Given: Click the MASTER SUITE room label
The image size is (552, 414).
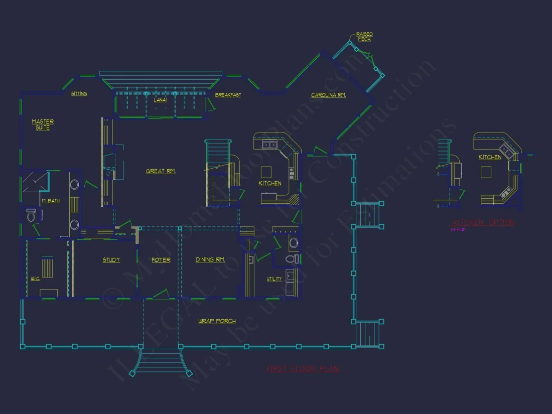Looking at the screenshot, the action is [x=43, y=124].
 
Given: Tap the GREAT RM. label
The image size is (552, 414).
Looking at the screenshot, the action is [x=161, y=171].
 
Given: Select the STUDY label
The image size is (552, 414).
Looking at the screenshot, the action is [x=111, y=260].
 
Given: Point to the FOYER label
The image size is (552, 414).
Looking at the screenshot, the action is [x=161, y=260].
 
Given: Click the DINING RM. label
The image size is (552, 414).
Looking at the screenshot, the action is [x=210, y=260].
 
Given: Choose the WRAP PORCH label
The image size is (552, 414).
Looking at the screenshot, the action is [x=217, y=321].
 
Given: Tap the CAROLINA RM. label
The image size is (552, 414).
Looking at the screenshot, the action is [x=328, y=95].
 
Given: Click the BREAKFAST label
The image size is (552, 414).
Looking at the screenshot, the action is [x=228, y=95].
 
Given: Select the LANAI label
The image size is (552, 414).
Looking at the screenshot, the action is [x=160, y=100].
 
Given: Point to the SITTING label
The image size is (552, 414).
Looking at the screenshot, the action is [x=79, y=94].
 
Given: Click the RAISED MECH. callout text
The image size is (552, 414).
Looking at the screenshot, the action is [x=364, y=37].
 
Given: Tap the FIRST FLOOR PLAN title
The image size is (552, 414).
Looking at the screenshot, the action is [x=303, y=369].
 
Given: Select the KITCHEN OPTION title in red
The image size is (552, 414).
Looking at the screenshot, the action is [x=484, y=223].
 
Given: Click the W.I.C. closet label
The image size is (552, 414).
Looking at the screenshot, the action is [x=35, y=279].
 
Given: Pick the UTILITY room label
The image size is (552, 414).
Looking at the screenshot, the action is [x=274, y=279].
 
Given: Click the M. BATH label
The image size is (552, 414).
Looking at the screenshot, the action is [x=51, y=201].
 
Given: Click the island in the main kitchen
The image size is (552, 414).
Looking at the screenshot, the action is [x=265, y=170].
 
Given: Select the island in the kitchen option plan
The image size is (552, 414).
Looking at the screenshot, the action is [x=485, y=172].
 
